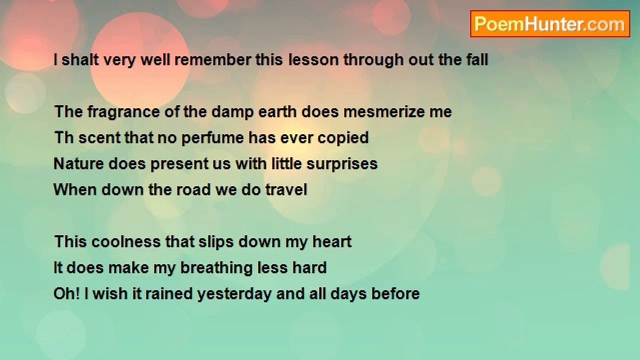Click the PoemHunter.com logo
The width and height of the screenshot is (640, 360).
point(549,24)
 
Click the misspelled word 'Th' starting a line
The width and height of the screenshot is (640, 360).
point(63,137)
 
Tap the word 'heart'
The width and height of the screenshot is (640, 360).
point(332,241)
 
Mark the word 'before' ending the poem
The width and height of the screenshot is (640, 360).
point(395,293)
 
